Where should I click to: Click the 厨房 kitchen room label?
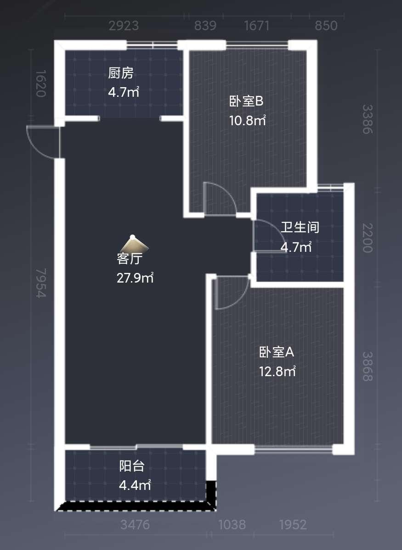point(121,73)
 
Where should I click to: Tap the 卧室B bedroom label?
point(246,101)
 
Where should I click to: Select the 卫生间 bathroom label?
point(300,227)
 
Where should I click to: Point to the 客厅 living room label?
point(130,259)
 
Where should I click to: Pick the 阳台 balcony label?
point(132,466)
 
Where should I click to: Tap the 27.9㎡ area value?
point(135,278)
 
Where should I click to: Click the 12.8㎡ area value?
point(277,371)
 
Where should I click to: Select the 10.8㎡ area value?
point(248,121)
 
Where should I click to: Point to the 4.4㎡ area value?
point(135,485)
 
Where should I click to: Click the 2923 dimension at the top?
point(124,26)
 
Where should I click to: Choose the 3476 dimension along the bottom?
point(135,524)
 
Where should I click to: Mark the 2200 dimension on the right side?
point(367,238)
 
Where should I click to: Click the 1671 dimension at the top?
point(256,26)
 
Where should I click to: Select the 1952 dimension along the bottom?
point(293,524)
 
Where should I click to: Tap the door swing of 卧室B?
point(219,198)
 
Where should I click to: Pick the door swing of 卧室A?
point(230,292)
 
